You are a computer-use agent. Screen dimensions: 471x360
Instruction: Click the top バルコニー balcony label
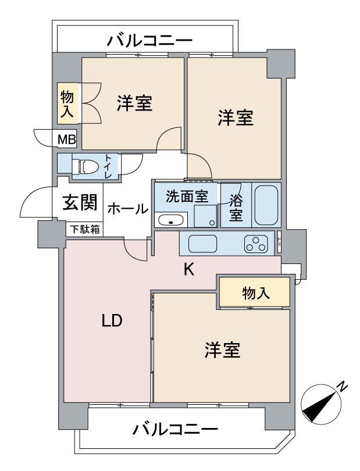click(150, 41)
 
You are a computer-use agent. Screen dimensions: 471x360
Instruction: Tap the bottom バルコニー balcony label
click(175, 431)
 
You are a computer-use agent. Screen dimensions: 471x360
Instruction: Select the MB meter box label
click(66, 139)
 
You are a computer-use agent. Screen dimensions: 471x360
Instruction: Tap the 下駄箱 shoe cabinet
click(85, 229)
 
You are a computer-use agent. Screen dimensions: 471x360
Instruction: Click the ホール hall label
click(127, 209)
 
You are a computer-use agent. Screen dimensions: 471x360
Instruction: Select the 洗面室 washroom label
click(186, 197)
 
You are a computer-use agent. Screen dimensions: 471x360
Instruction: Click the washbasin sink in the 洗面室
click(171, 220)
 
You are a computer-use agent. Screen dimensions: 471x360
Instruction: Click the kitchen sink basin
click(202, 243)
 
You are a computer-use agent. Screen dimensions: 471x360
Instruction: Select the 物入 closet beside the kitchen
click(255, 292)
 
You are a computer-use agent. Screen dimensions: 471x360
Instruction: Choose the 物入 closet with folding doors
click(67, 104)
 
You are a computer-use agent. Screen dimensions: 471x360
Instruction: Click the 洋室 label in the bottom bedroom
click(222, 351)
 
